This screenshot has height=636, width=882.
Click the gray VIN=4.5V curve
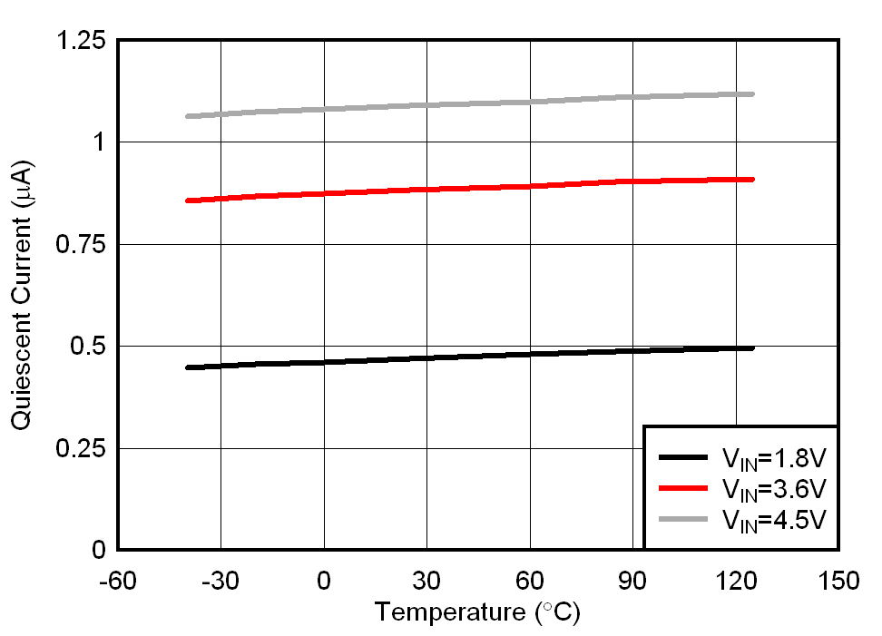454,104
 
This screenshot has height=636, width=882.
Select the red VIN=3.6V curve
454,188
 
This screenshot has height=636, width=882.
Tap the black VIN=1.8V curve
454,357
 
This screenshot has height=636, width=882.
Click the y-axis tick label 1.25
82,41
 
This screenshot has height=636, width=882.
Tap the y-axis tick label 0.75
82,245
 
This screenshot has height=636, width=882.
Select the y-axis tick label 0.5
90,347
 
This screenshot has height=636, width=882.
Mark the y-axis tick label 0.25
82,449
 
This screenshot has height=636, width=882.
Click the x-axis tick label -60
118,580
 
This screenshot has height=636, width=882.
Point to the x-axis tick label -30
220,580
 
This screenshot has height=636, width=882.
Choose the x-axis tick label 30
426,580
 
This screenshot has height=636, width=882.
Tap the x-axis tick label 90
632,580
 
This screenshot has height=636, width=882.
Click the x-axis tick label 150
838,580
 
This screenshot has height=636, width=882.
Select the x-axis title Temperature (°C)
477,612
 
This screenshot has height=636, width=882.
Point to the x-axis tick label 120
735,580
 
